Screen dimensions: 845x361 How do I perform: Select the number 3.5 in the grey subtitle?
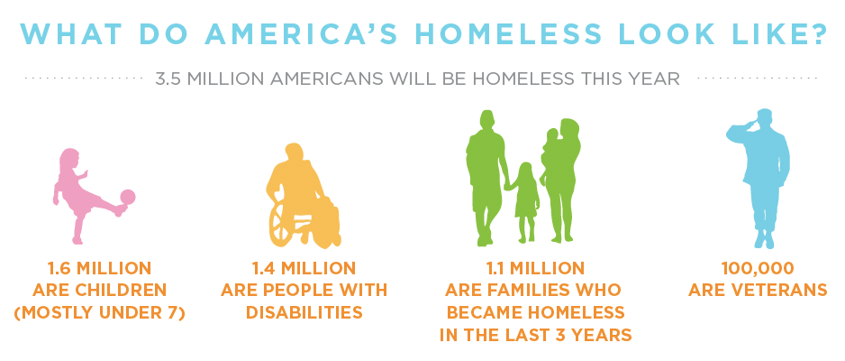pyautogui.click(x=166, y=79)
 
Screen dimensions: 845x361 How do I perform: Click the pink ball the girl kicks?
pyautogui.click(x=128, y=197)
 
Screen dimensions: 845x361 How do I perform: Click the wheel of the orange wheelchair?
pyautogui.click(x=283, y=222)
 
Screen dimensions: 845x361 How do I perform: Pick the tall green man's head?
pyautogui.click(x=487, y=121)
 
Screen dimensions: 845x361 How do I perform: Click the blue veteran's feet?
pyautogui.click(x=765, y=240)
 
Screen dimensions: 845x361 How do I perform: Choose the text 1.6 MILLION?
pyautogui.click(x=99, y=268)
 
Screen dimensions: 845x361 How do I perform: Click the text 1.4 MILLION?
pyautogui.click(x=304, y=268)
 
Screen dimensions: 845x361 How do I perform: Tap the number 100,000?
pyautogui.click(x=758, y=268)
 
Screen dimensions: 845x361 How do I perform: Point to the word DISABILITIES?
pyautogui.click(x=304, y=312)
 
